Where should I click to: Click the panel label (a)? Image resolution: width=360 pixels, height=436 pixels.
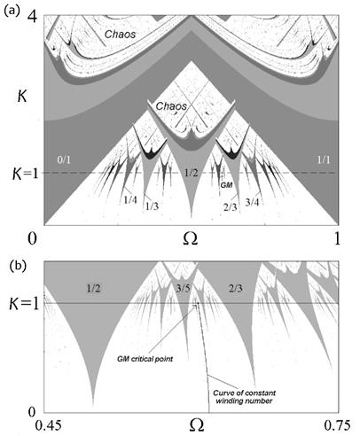click(12, 11)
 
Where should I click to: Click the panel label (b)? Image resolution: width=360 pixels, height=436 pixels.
click(19, 266)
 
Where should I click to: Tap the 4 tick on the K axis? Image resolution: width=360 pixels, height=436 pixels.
click(33, 17)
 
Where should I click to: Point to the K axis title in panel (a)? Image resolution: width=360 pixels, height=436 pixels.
click(22, 96)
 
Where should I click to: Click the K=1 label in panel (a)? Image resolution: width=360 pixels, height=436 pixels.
click(26, 174)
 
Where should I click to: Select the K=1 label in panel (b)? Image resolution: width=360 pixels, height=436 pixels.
click(24, 304)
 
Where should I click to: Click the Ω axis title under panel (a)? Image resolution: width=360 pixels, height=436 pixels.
click(190, 238)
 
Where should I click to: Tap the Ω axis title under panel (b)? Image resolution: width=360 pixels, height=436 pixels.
click(196, 424)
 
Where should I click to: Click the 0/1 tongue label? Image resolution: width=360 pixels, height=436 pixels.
click(64, 160)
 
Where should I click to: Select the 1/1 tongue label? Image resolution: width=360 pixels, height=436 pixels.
click(324, 160)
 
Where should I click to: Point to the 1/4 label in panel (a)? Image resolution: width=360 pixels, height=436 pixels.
click(130, 200)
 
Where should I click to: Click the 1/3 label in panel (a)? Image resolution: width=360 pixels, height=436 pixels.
click(152, 206)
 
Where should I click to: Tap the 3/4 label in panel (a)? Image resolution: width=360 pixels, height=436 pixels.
click(253, 202)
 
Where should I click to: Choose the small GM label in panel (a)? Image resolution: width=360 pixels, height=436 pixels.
click(227, 185)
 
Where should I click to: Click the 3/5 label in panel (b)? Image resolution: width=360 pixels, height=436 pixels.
click(184, 288)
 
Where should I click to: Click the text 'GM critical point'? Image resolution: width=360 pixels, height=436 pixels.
click(145, 359)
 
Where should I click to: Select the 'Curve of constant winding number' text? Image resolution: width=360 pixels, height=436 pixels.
click(245, 397)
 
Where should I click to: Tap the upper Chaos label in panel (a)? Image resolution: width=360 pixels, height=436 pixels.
click(120, 35)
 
